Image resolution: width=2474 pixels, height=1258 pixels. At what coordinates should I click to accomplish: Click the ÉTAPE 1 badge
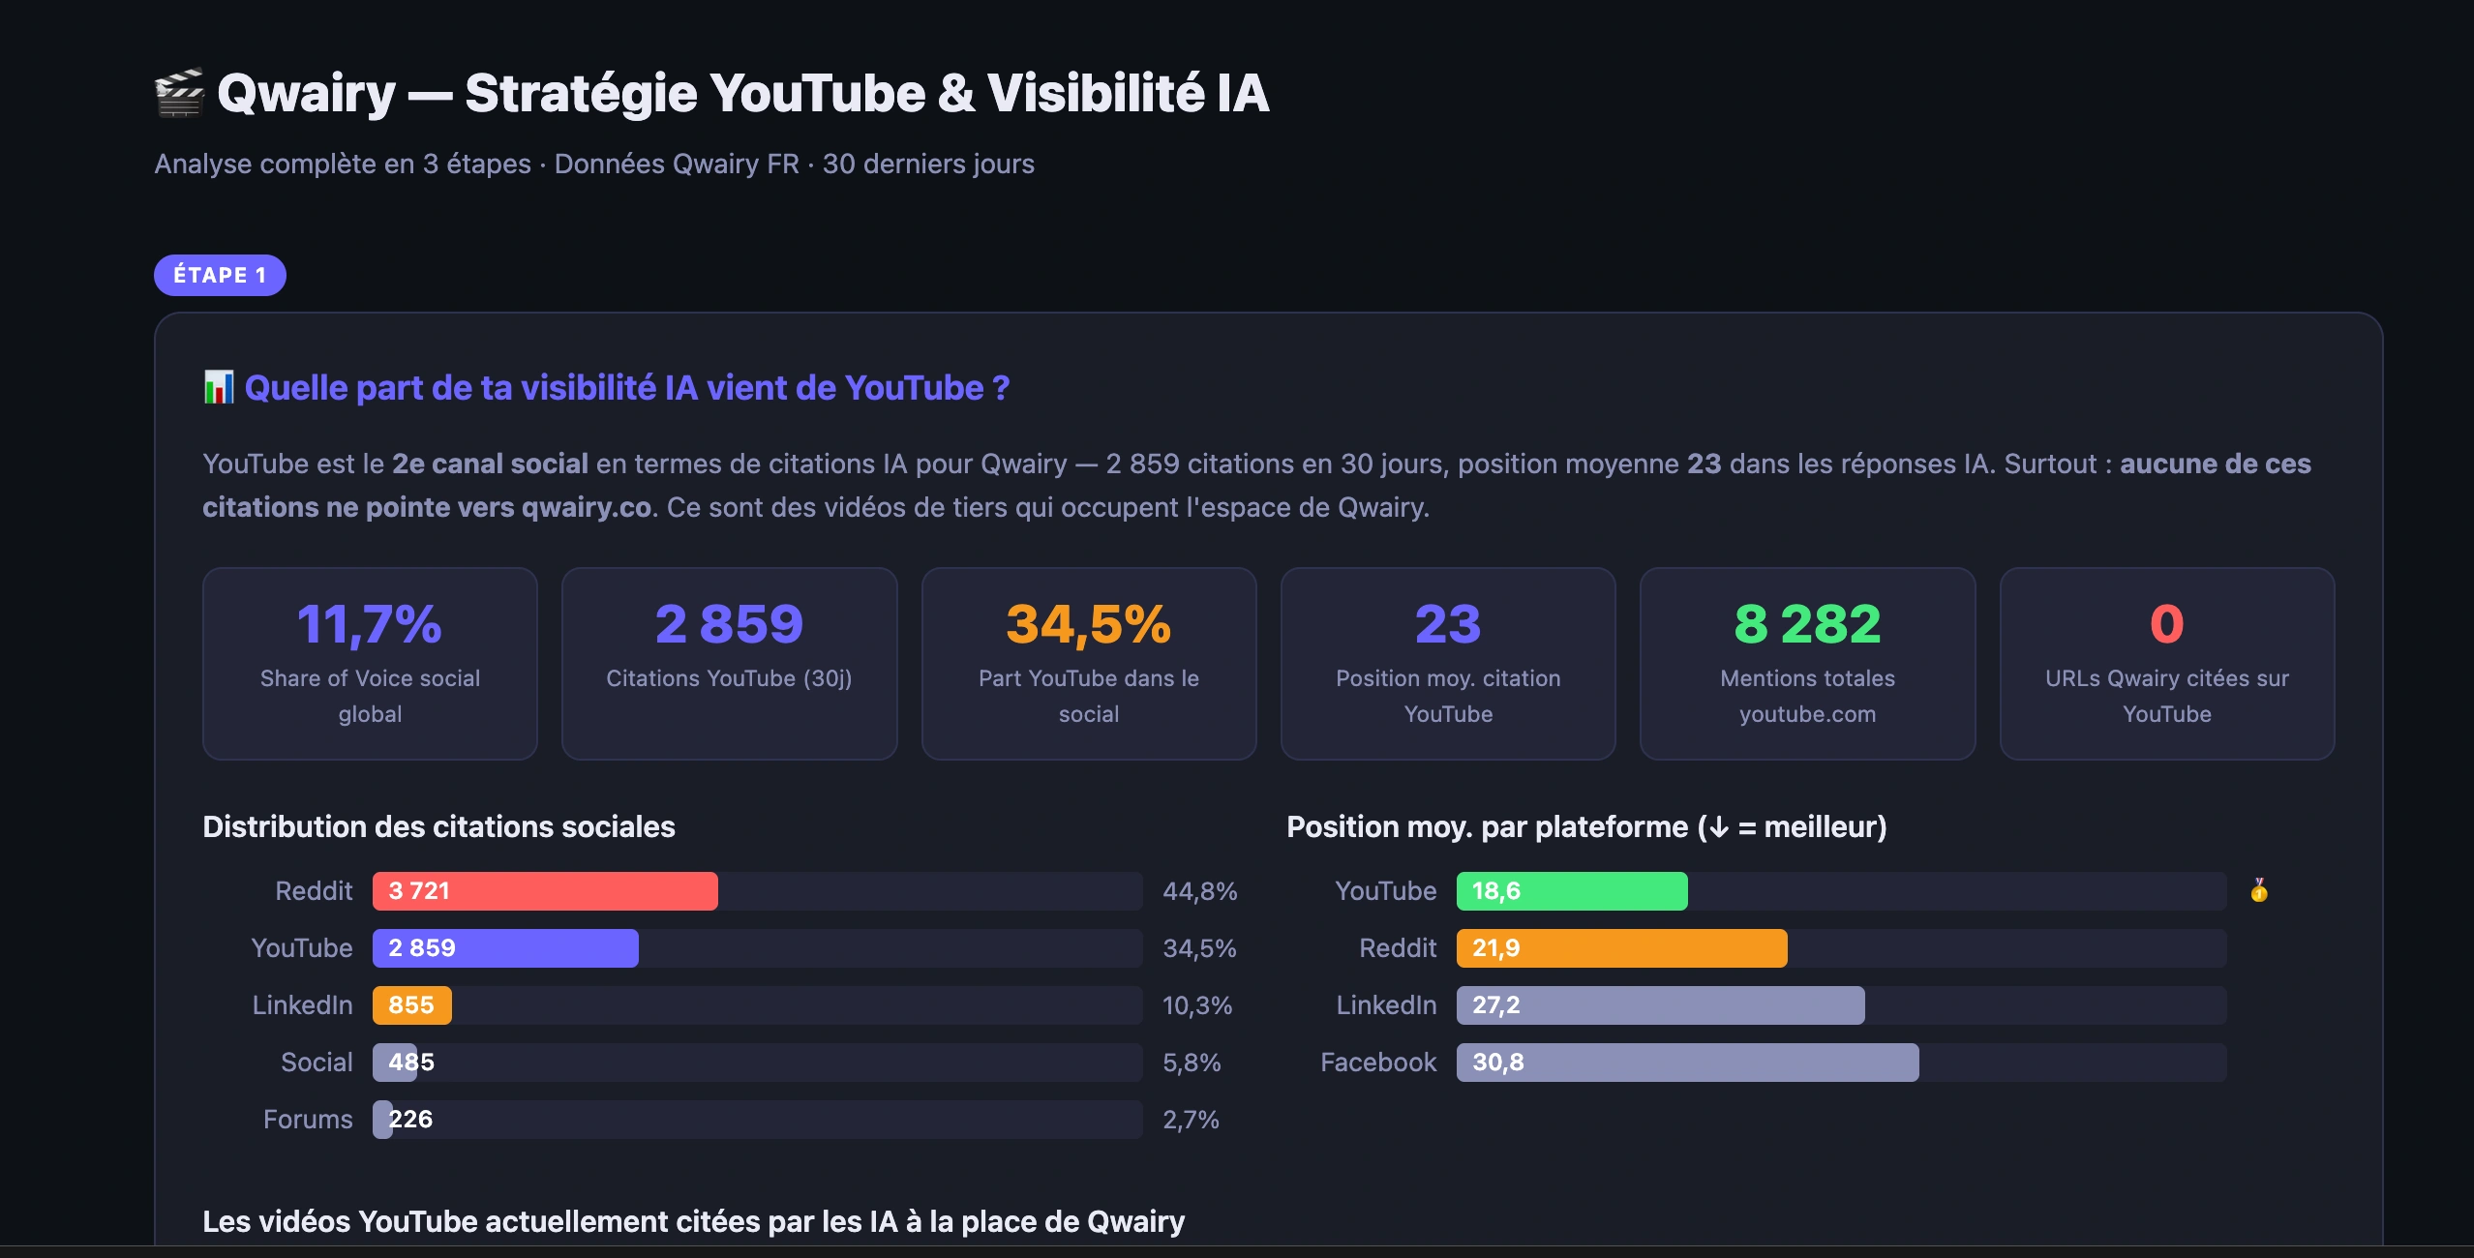220,275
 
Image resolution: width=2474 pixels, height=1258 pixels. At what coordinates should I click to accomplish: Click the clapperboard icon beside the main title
180,93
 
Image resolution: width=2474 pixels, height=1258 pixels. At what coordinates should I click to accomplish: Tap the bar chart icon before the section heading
219,387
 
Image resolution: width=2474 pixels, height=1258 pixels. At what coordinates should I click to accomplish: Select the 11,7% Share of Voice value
370,624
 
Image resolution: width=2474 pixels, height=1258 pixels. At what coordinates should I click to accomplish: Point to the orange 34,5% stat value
1089,624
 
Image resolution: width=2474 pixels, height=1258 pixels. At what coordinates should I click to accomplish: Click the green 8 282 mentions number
1807,624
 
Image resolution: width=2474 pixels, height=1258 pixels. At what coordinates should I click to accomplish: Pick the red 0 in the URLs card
2167,624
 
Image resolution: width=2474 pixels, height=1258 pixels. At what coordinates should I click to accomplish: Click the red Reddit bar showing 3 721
545,891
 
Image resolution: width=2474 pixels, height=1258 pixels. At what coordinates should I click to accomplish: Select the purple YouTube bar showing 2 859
505,948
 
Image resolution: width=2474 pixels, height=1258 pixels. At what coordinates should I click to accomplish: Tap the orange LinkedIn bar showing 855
412,1005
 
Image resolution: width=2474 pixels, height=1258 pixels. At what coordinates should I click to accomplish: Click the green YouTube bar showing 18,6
1572,891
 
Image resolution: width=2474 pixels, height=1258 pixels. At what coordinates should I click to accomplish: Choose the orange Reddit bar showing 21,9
1622,948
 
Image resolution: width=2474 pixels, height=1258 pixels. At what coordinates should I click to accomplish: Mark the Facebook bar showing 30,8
1688,1063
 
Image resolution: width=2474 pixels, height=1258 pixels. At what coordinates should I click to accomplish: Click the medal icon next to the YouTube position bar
2259,890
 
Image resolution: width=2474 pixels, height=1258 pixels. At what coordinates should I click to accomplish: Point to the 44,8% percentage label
1200,891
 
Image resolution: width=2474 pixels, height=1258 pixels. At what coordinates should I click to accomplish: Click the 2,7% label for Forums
1191,1120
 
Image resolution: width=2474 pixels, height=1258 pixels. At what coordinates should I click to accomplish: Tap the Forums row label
308,1120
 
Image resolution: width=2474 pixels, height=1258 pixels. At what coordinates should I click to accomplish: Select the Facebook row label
1378,1063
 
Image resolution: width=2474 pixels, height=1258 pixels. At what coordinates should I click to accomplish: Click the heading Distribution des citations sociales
438,826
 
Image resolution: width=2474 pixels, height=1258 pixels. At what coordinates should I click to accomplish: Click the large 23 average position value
1448,624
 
